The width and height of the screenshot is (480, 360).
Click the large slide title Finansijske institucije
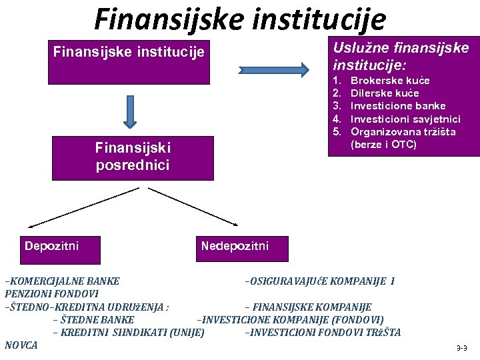pos(240,19)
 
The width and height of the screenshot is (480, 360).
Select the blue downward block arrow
pos(131,111)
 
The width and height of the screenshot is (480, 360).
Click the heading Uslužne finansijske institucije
pos(401,57)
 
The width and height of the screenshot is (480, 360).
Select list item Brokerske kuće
pos(390,81)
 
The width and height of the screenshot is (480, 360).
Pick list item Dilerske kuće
pos(385,93)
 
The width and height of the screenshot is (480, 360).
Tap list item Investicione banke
pos(398,106)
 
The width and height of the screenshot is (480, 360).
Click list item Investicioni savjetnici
pos(405,119)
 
